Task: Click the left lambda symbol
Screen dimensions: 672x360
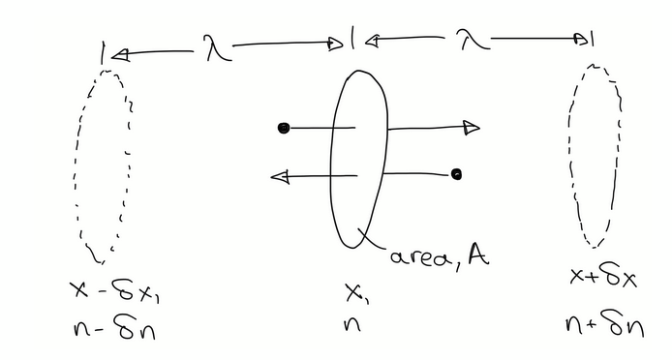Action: (x=217, y=46)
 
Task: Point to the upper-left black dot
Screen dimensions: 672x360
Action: (x=284, y=128)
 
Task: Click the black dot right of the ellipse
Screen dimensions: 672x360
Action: (x=456, y=174)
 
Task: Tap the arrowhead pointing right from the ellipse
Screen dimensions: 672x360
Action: (x=471, y=127)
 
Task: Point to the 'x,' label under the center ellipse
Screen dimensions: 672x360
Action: (x=355, y=289)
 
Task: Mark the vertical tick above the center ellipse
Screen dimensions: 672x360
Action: (x=354, y=42)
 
